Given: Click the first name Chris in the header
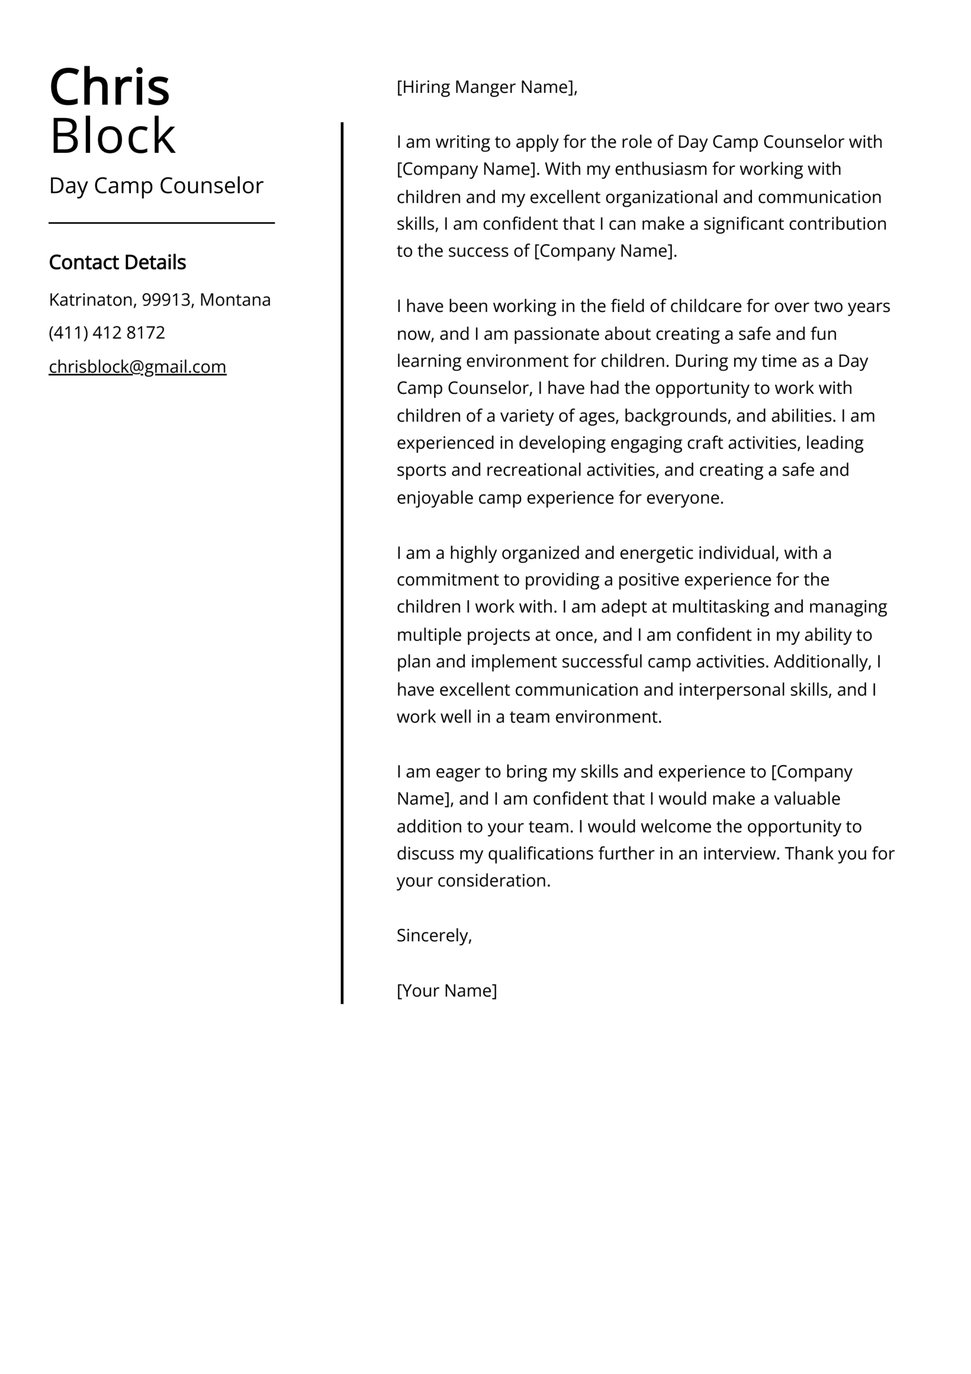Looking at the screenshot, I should pyautogui.click(x=109, y=87).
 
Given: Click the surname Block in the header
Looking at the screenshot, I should pyautogui.click(x=113, y=136).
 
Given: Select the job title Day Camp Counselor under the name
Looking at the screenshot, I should pyautogui.click(x=156, y=186).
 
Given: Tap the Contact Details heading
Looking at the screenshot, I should pyautogui.click(x=117, y=262).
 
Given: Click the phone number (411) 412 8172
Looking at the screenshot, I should pyautogui.click(x=107, y=332).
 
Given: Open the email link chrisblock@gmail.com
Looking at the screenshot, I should pyautogui.click(x=138, y=366).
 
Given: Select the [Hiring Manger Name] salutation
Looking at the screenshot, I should pyautogui.click(x=487, y=87).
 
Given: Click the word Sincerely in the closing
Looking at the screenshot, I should pyautogui.click(x=433, y=936).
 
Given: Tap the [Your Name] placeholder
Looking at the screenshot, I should pyautogui.click(x=446, y=990).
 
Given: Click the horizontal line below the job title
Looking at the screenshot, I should pyautogui.click(x=161, y=223).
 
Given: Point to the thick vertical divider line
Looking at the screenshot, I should pyautogui.click(x=342, y=562).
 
